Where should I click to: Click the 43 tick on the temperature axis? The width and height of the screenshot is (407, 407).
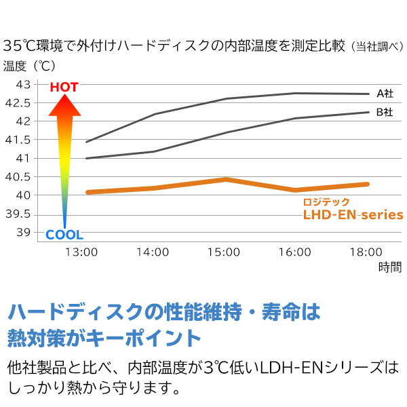pyautogui.click(x=23, y=85)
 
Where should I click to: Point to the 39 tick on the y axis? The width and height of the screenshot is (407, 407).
pyautogui.click(x=23, y=233)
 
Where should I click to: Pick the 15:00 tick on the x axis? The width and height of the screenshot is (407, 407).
pyautogui.click(x=224, y=252)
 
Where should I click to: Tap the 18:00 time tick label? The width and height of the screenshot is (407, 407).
pyautogui.click(x=365, y=252)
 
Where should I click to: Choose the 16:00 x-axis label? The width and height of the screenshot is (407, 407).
pyautogui.click(x=294, y=252)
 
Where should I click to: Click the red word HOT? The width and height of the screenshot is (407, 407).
pyautogui.click(x=64, y=88)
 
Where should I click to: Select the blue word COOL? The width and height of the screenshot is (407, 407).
pyautogui.click(x=64, y=235)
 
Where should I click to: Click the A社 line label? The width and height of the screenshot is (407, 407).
pyautogui.click(x=385, y=94)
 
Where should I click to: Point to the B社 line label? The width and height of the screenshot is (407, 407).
pyautogui.click(x=385, y=112)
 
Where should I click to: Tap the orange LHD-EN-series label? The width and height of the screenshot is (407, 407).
pyautogui.click(x=353, y=215)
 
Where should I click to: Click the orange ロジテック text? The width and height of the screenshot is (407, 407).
pyautogui.click(x=326, y=201)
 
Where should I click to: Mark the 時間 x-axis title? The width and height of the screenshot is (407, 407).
pyautogui.click(x=391, y=267)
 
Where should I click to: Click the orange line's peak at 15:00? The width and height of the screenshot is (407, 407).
pyautogui.click(x=225, y=179)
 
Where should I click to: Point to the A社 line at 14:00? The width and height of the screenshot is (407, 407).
pyautogui.click(x=154, y=114)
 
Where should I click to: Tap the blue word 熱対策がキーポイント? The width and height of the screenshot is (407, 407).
pyautogui.click(x=104, y=337)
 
